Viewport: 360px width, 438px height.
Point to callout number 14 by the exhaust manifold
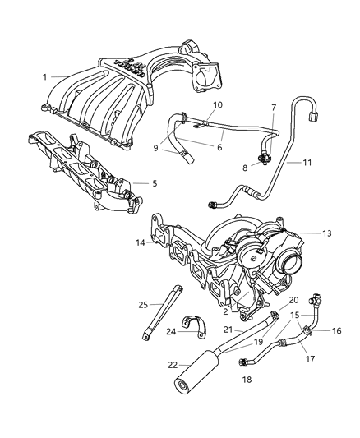(x=141, y=242)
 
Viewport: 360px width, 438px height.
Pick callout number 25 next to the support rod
(x=143, y=304)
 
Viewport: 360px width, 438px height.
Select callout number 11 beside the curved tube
(x=306, y=164)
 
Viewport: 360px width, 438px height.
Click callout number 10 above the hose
(x=218, y=106)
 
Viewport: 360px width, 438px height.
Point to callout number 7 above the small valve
(x=274, y=108)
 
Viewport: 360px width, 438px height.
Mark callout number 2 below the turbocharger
(x=226, y=311)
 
